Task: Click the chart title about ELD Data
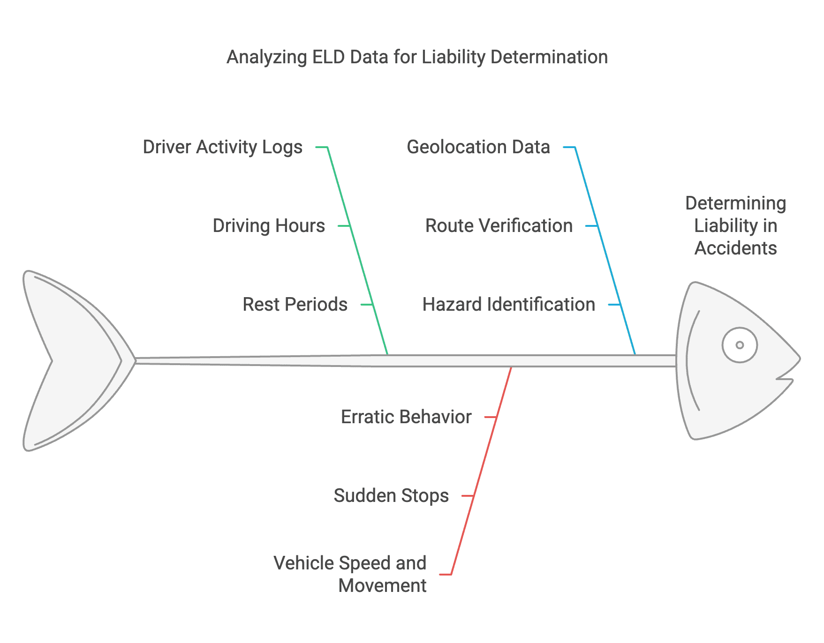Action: click(417, 57)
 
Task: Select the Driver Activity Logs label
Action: click(223, 147)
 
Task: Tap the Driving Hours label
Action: click(269, 226)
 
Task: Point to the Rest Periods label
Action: click(295, 305)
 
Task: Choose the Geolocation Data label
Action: click(478, 147)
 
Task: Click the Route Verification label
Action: click(499, 226)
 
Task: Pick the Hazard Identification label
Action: click(509, 305)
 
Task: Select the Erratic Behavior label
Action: click(406, 417)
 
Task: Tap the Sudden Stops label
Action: click(391, 496)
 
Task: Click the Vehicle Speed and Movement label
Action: click(350, 574)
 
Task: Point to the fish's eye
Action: click(740, 345)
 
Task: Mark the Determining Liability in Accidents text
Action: click(736, 225)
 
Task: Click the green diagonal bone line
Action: click(357, 251)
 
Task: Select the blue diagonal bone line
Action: click(605, 251)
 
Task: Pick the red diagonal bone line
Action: click(481, 471)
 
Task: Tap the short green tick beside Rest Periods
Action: click(367, 305)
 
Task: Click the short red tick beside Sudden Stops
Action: click(468, 496)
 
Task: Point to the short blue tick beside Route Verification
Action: click(592, 226)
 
